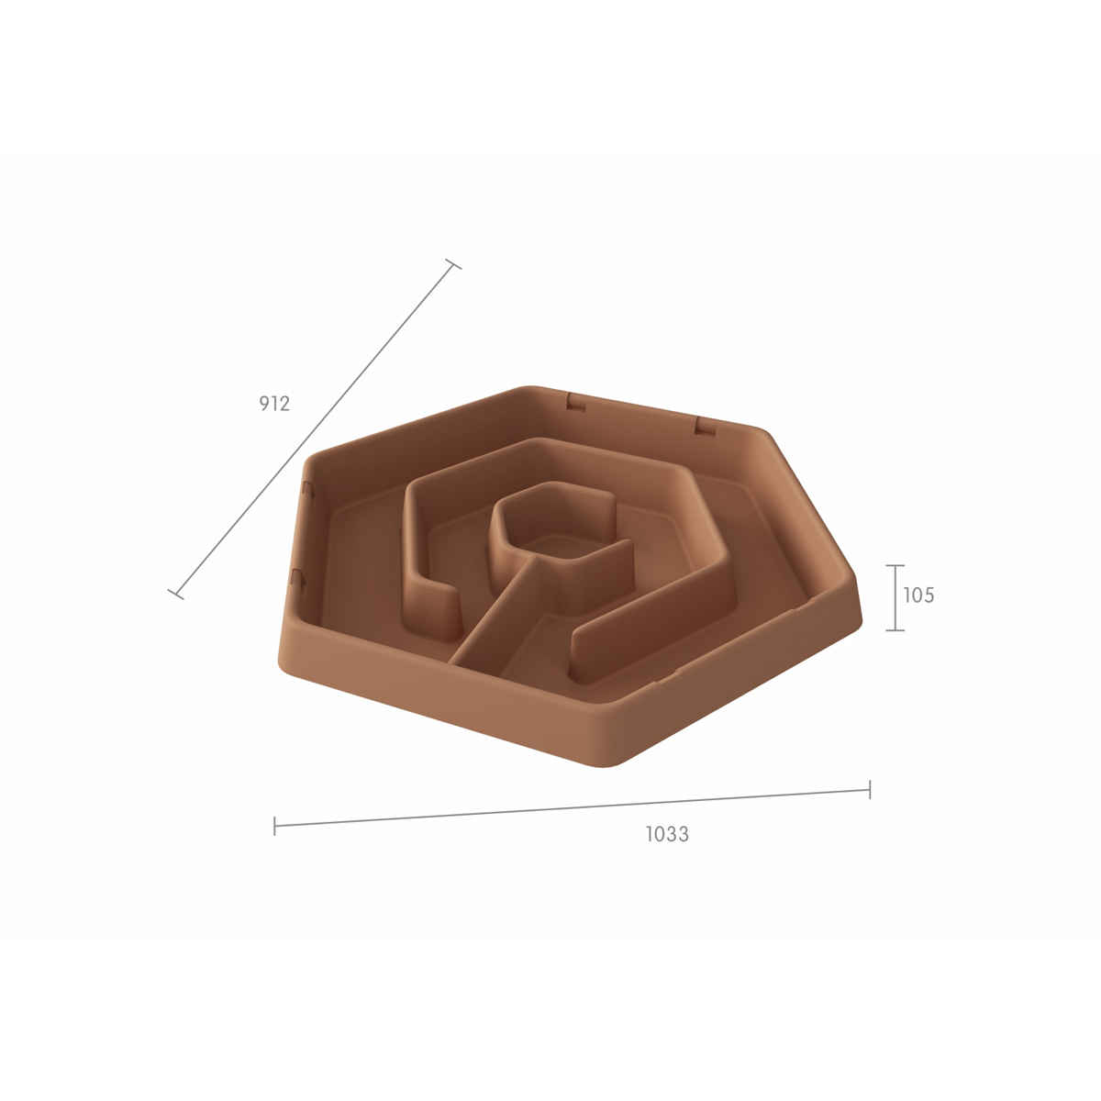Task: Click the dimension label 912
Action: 274,404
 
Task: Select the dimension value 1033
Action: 667,834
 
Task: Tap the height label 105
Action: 918,595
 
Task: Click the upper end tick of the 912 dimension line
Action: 453,264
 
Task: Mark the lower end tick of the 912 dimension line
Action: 175,595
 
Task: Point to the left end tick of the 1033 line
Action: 274,826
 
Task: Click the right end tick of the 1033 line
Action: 870,789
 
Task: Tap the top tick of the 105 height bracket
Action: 895,565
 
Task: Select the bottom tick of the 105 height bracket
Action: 895,630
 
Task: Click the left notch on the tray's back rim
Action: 576,404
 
